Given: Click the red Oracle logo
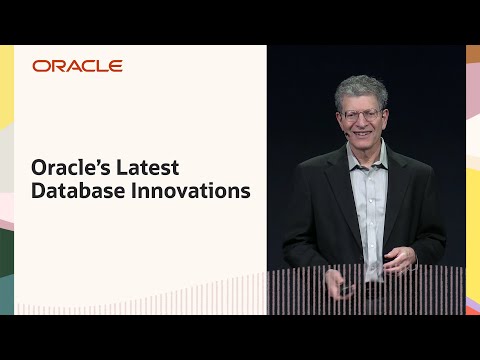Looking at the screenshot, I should tap(77, 66).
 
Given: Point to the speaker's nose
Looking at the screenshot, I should tap(362, 121).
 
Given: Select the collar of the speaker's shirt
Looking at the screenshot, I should tap(362, 155).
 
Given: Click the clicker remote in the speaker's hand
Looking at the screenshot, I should tap(346, 288).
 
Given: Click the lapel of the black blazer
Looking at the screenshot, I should tap(340, 185).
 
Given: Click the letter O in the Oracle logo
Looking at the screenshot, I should tap(40, 66).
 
